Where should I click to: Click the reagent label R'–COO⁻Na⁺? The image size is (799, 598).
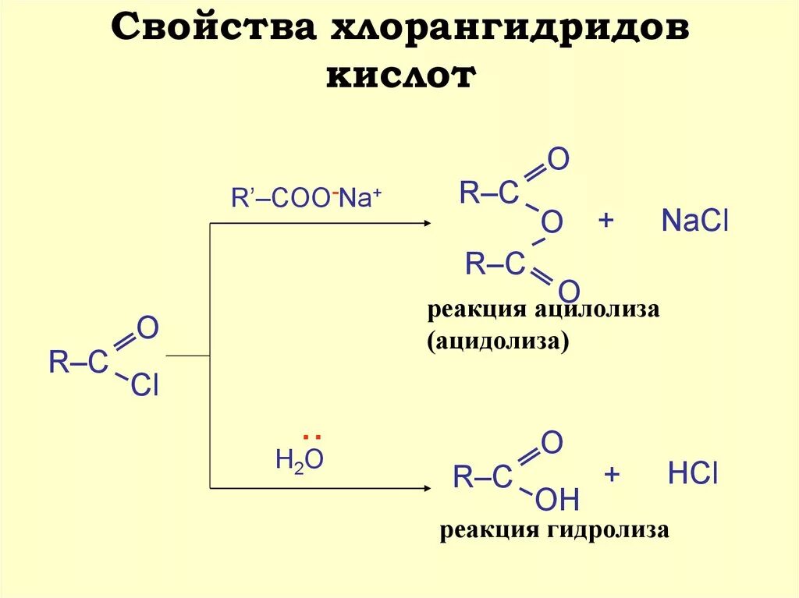coord(306,198)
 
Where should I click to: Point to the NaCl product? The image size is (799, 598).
coord(694,222)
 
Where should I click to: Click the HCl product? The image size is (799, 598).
coord(692,475)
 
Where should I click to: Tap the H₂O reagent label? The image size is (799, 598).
coord(300,460)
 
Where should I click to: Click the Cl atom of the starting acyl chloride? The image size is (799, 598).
coord(144,385)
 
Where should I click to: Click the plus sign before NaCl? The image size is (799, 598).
coord(605,221)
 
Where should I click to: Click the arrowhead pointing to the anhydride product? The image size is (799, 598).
coord(426,223)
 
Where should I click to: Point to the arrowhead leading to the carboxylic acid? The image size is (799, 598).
coord(426,489)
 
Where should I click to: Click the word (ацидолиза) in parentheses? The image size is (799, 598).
coord(497,341)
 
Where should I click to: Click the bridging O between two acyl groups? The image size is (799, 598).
coord(552,224)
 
